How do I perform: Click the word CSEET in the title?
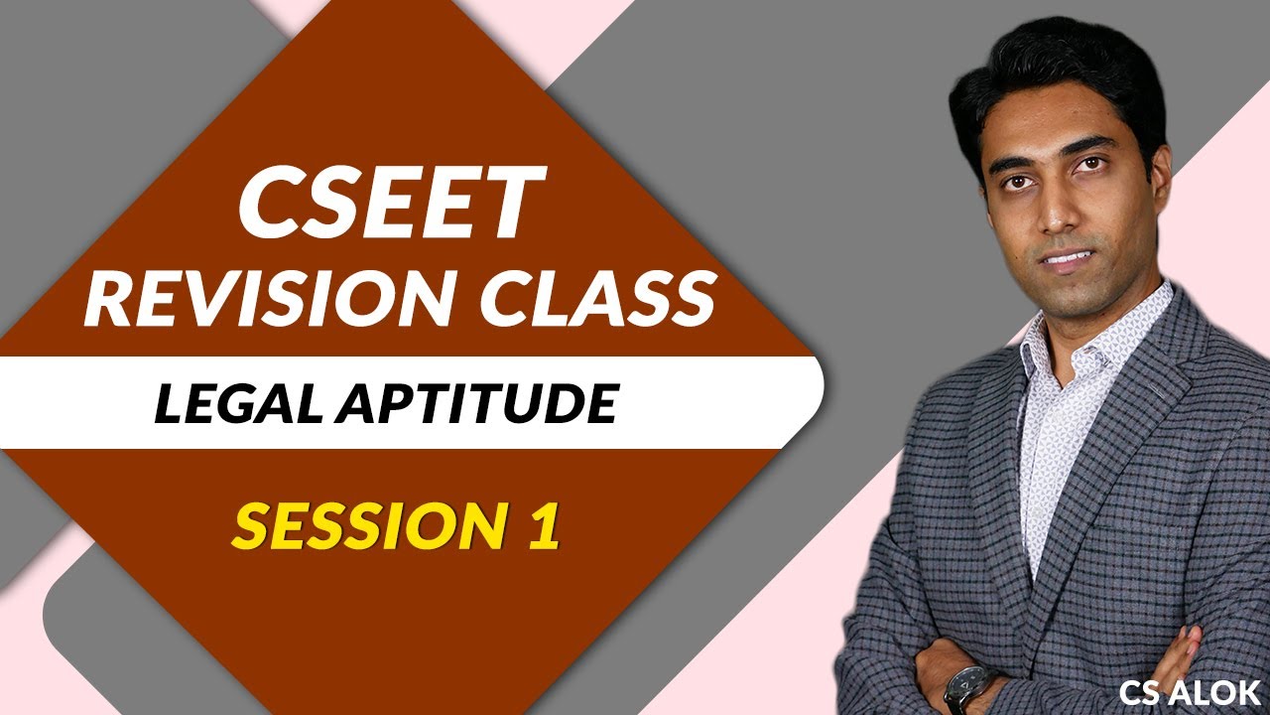point(391,203)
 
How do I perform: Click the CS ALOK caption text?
point(1190,691)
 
